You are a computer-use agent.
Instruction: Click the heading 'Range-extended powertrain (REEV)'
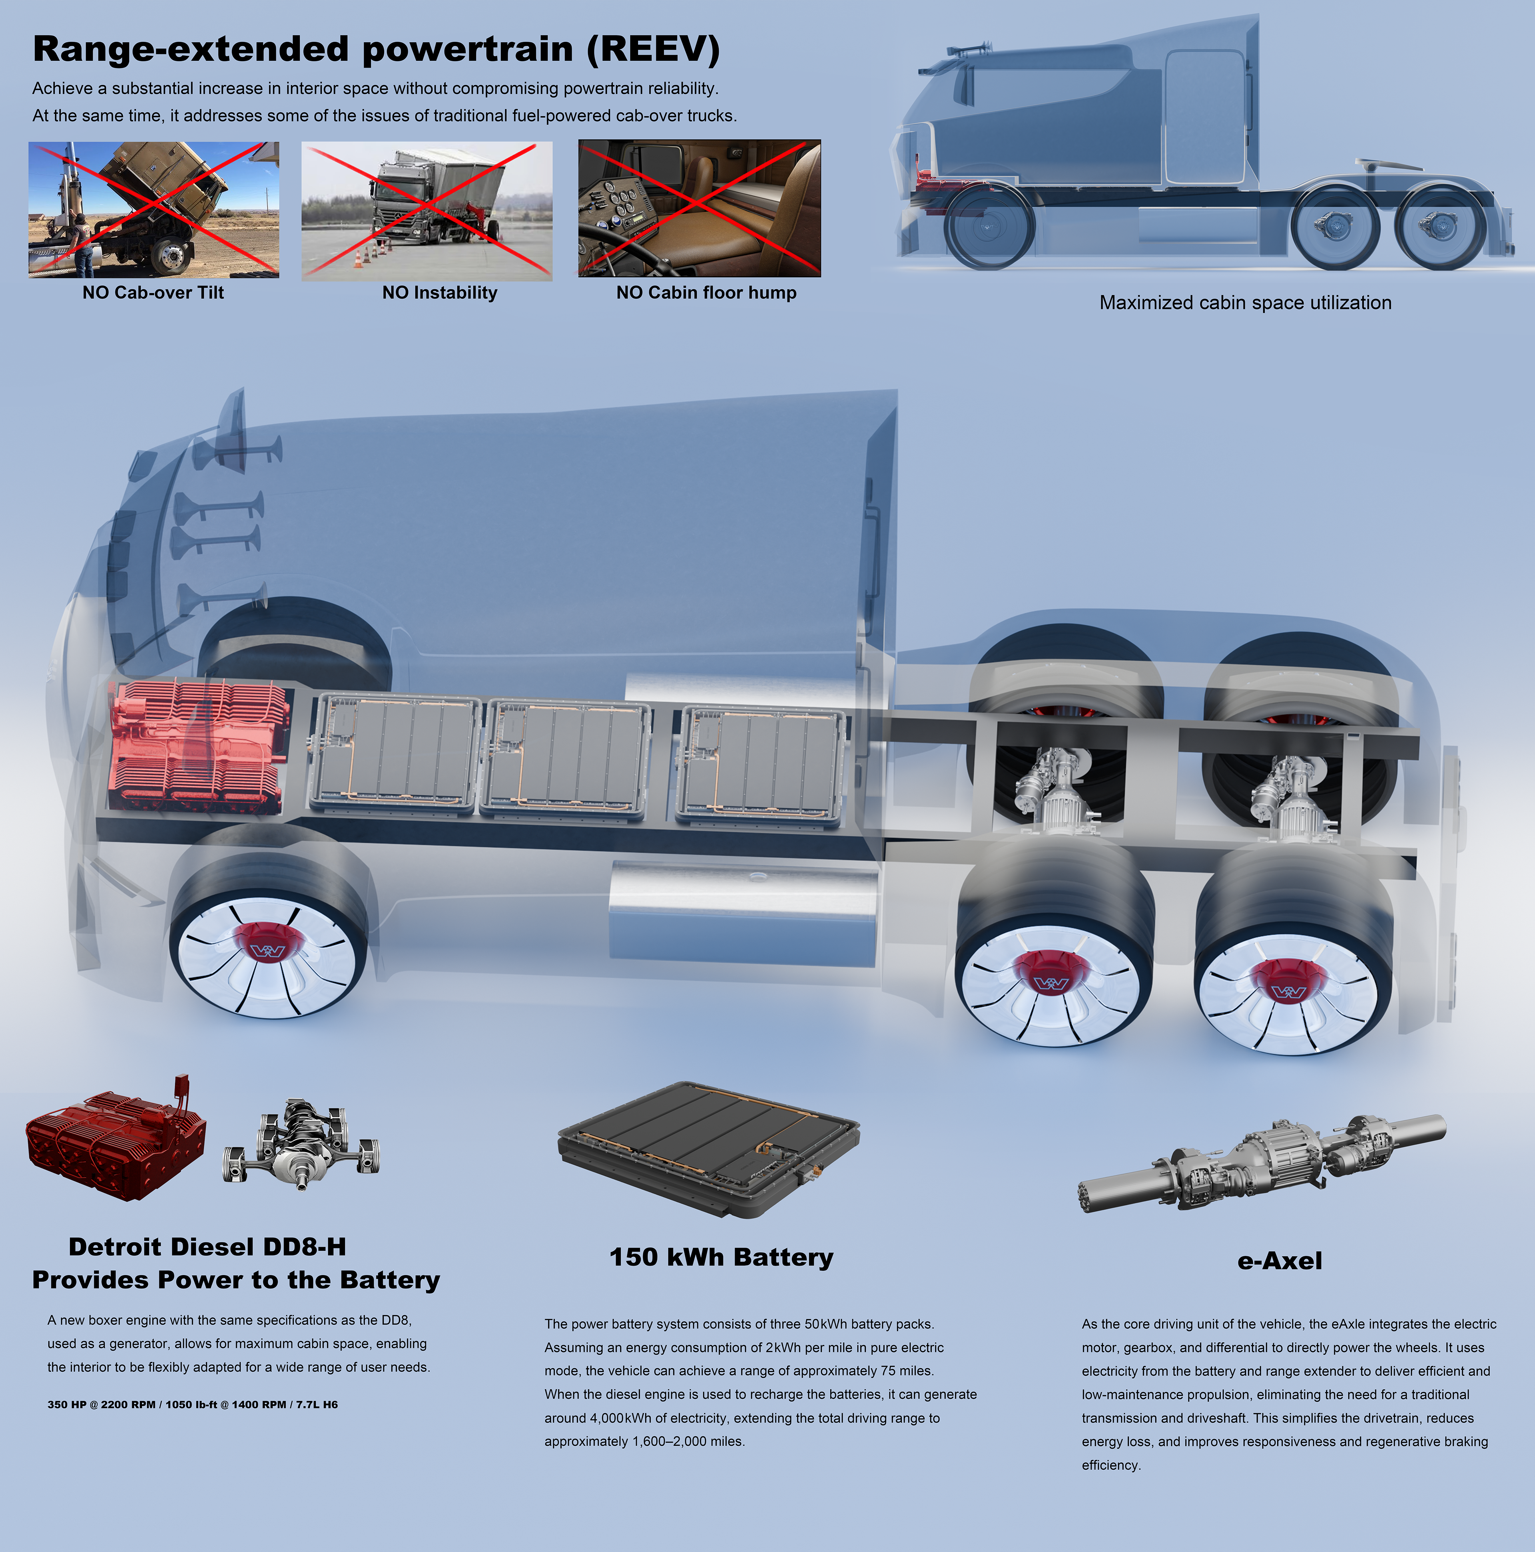(376, 49)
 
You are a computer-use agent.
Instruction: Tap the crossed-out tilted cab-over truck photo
(153, 210)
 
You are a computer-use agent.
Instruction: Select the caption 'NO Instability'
(440, 292)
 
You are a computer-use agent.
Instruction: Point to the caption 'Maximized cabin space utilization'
(1245, 303)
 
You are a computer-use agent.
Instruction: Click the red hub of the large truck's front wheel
(267, 948)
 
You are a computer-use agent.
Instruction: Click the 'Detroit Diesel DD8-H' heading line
(207, 1247)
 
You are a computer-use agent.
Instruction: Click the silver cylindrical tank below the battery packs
(744, 908)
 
